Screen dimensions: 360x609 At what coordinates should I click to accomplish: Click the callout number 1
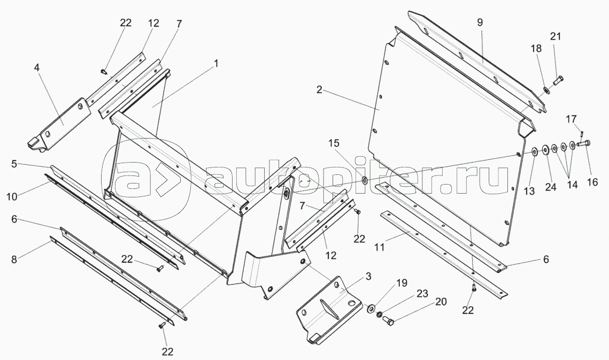click(x=216, y=64)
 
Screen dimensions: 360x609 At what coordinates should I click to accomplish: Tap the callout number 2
click(x=319, y=90)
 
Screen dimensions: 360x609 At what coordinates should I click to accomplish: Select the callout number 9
click(x=480, y=22)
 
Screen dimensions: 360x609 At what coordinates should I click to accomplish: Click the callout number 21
click(x=556, y=36)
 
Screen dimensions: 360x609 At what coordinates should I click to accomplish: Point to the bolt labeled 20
click(x=388, y=320)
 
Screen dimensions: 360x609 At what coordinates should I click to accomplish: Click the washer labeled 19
click(x=370, y=309)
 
